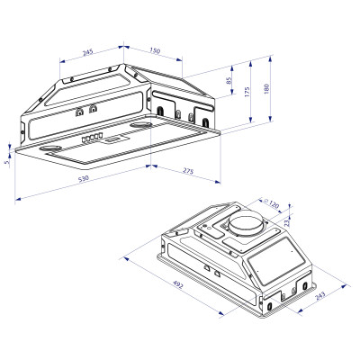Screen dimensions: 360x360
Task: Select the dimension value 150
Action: (154, 52)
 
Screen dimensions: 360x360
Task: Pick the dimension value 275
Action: (188, 170)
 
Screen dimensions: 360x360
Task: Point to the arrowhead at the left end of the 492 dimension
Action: (122, 256)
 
